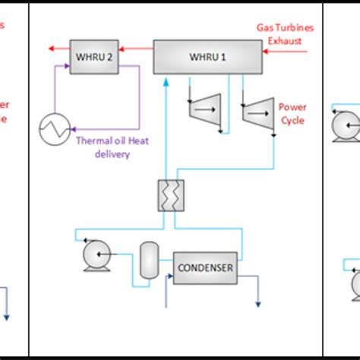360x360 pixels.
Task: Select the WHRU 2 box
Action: click(x=93, y=55)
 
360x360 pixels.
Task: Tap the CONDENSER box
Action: click(x=205, y=267)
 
